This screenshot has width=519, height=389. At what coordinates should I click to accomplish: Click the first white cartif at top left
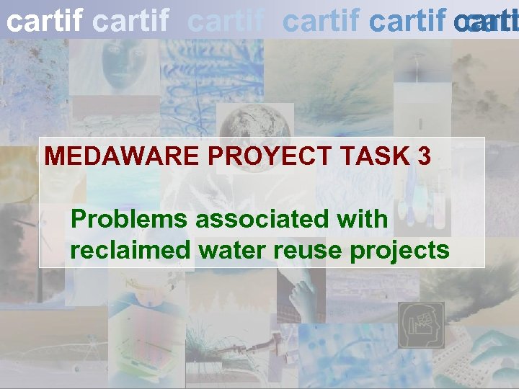coord(44,22)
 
